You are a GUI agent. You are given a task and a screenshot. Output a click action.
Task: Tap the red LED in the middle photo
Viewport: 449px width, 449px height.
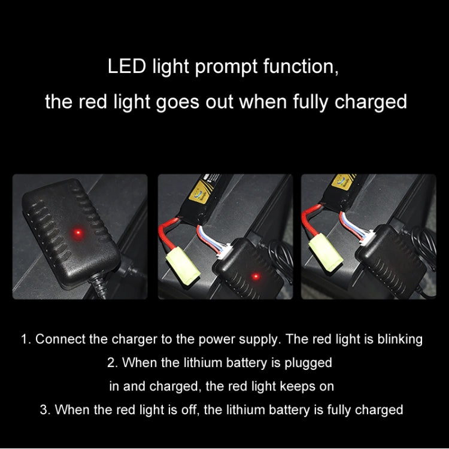(255, 276)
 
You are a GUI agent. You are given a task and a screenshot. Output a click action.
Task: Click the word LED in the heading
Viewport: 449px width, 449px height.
(126, 66)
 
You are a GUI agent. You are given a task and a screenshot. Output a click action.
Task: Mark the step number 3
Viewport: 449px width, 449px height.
(43, 409)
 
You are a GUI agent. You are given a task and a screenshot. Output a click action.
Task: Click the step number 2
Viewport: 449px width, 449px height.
(111, 363)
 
